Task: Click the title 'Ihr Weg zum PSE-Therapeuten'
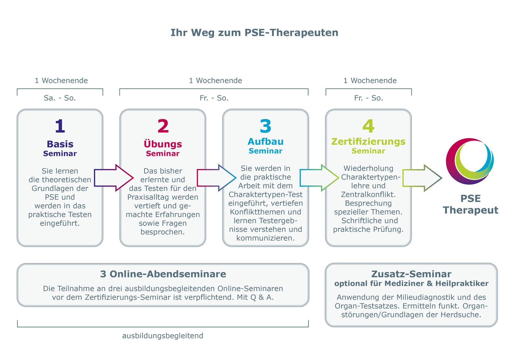pos(254,32)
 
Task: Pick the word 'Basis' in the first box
pos(60,144)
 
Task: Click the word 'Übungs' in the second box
pos(163,144)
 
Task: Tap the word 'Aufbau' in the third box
pos(265,141)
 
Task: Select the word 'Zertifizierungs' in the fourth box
pos(368,142)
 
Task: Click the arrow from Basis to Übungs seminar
pos(114,178)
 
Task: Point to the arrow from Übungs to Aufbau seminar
pos(217,178)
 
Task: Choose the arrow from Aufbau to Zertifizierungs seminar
pos(319,178)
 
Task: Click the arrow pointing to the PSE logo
pos(422,178)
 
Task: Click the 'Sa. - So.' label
pos(60,98)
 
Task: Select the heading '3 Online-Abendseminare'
pos(163,274)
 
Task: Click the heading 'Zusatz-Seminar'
pos(411,274)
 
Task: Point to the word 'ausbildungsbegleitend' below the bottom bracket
pos(163,336)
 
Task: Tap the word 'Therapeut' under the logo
pos(471,210)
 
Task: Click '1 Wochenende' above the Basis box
pos(61,81)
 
